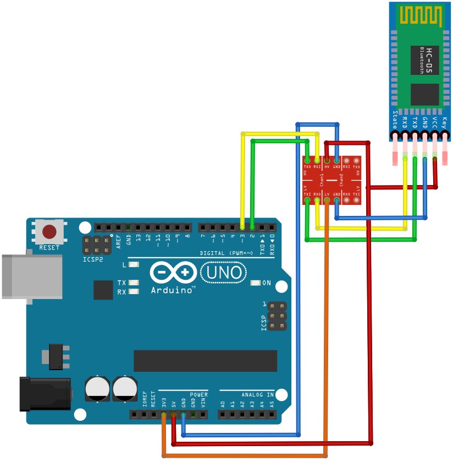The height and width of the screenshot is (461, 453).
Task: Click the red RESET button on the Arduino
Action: (x=50, y=231)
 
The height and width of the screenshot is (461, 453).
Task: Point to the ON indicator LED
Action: (x=255, y=283)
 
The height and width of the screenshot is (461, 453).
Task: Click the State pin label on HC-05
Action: (x=395, y=120)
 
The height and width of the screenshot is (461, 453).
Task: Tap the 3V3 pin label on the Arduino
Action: (x=164, y=403)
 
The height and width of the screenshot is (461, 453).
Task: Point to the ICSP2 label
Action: (x=93, y=259)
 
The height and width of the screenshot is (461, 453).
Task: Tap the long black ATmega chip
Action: (x=204, y=360)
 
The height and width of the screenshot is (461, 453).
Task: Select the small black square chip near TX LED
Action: (x=103, y=290)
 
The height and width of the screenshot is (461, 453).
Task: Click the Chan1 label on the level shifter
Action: (x=322, y=180)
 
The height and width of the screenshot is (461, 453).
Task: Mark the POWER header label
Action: (x=198, y=395)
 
